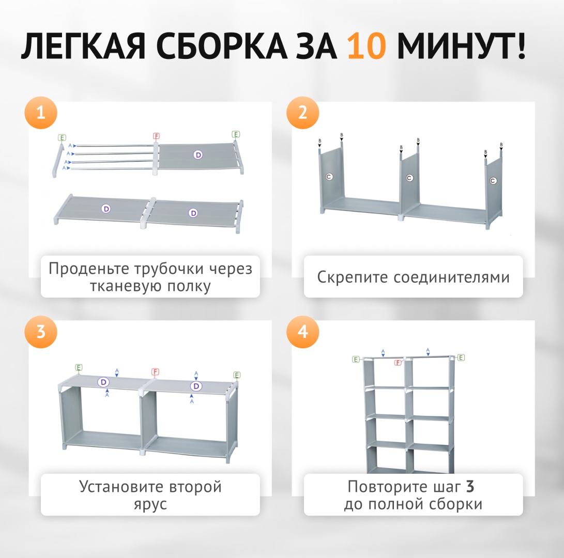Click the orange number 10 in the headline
[367, 46]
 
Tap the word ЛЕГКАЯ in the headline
[83, 46]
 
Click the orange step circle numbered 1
[41, 113]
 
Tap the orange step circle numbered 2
[302, 113]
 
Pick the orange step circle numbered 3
[41, 332]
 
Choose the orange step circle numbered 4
[302, 332]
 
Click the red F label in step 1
[156, 136]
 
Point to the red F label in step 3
[155, 371]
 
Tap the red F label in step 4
[398, 362]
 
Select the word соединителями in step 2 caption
[451, 277]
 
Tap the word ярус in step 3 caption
[150, 504]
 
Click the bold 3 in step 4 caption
[470, 487]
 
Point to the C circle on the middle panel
[409, 178]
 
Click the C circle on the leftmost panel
[329, 177]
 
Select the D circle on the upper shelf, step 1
[198, 155]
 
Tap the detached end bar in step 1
[58, 160]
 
